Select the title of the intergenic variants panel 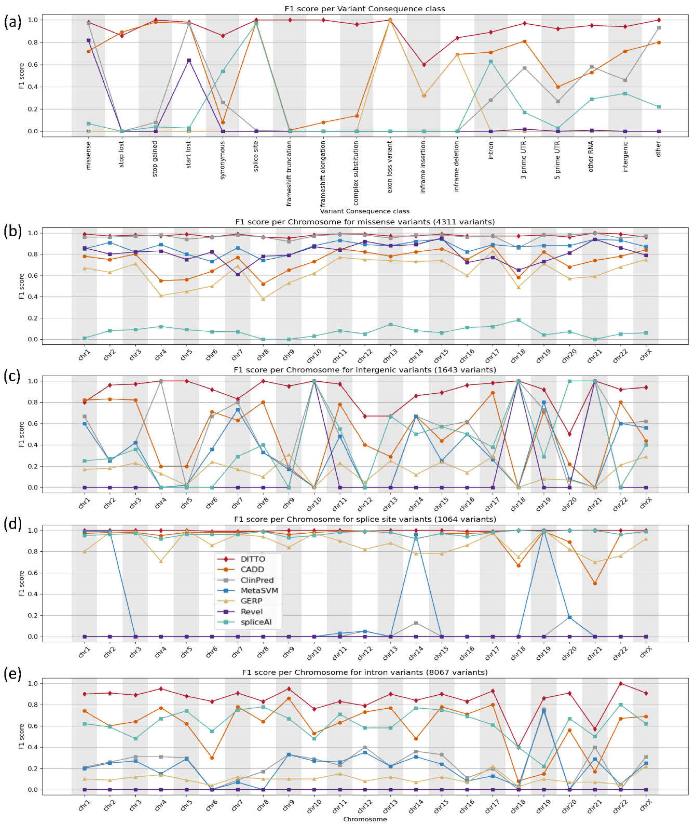364,370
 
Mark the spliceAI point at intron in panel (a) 491,62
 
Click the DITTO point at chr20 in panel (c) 569,434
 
